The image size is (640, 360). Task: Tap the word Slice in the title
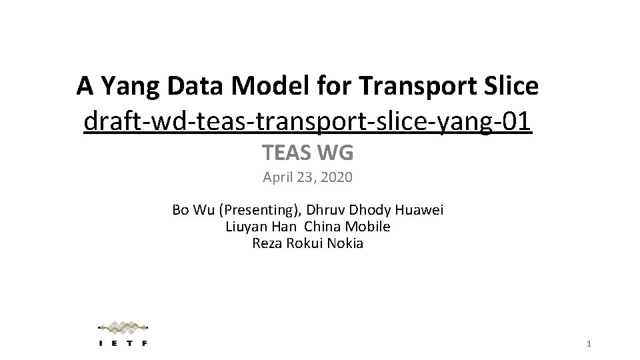click(513, 86)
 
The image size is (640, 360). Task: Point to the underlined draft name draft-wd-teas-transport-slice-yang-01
click(308, 121)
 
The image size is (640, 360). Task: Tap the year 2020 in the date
click(336, 178)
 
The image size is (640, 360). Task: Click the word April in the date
click(277, 178)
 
